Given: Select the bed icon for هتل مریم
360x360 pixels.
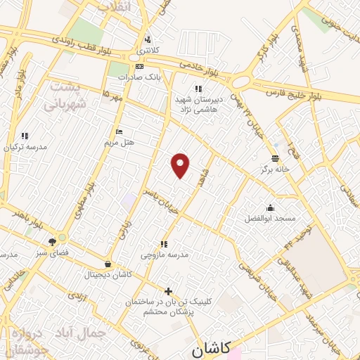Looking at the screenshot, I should point(119,131).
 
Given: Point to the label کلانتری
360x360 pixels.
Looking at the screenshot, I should point(147,50).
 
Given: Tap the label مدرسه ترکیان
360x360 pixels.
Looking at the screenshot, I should point(25,147).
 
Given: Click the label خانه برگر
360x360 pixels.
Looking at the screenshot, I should point(276,169).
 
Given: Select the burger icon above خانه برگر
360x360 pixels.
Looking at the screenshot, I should point(276,158).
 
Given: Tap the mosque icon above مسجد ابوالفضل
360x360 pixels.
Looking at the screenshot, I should point(271,208).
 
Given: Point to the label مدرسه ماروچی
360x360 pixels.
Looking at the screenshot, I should point(165,255).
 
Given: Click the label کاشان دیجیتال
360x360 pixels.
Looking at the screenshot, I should point(107,274).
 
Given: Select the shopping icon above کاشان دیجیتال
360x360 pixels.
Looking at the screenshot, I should point(107,264).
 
